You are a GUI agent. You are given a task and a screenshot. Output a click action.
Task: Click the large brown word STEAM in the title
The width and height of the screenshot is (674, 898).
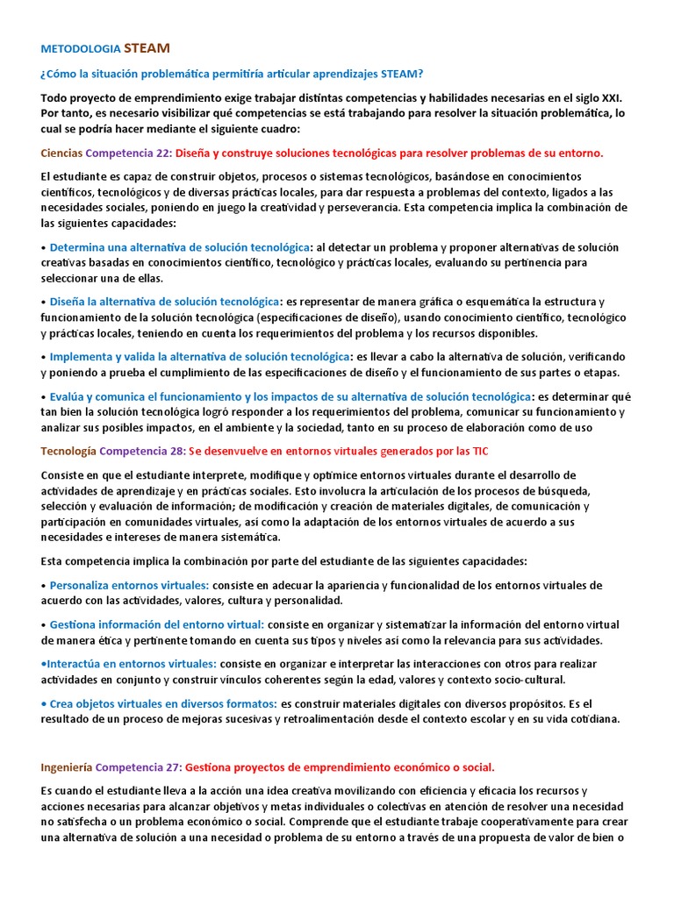(x=147, y=47)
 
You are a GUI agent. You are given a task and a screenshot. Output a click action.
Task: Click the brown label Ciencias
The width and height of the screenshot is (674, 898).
(x=61, y=153)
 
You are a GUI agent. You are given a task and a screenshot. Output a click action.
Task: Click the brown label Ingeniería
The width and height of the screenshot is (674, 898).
(x=67, y=766)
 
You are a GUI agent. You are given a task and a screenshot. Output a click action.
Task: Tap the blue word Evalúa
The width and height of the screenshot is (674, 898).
(x=69, y=396)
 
